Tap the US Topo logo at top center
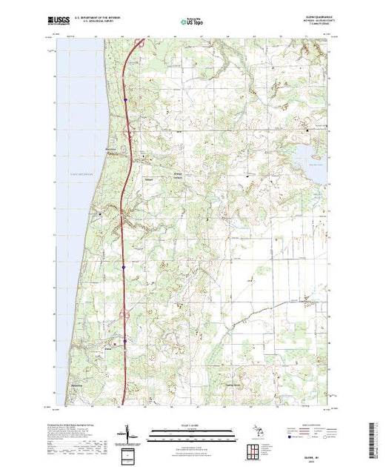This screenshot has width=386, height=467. click(193, 22)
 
